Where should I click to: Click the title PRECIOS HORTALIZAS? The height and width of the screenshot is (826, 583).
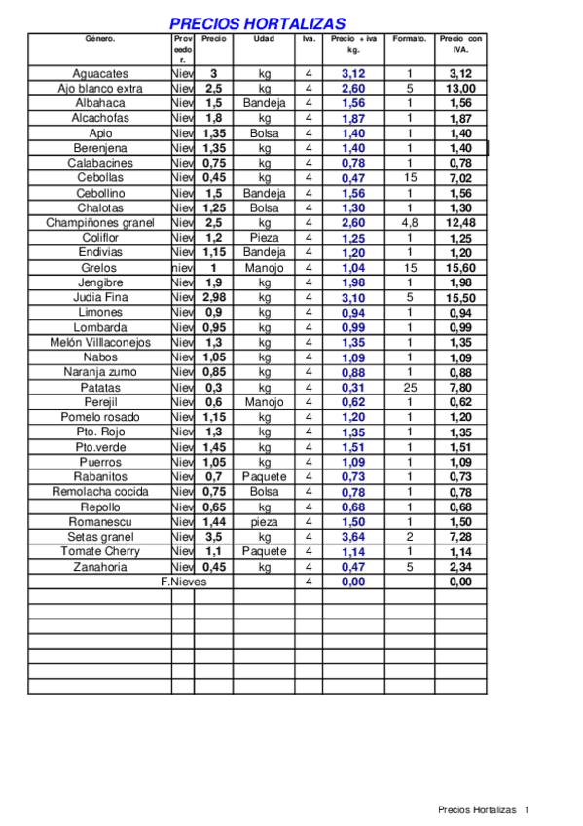pos(257,23)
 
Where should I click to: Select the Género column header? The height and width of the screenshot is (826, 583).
pos(99,39)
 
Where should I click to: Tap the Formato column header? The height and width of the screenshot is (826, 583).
pos(410,39)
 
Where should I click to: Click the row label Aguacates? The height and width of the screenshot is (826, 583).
pos(99,73)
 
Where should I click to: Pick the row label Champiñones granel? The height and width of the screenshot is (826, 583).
pos(99,222)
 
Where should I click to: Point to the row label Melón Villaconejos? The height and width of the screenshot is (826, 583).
pos(99,342)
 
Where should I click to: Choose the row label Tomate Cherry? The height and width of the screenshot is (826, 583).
pos(99,551)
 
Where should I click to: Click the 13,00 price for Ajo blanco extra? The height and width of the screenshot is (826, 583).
pos(460,89)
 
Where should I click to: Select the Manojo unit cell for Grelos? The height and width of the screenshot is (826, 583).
pos(265,267)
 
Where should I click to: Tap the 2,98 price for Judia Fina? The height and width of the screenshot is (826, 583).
pos(214,297)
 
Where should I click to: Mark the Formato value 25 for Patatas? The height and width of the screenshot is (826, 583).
pos(410,387)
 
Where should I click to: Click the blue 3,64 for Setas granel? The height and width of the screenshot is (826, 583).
pos(353,537)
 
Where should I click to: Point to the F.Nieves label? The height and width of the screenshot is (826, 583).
pos(183,582)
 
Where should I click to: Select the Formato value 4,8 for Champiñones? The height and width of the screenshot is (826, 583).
pos(410,222)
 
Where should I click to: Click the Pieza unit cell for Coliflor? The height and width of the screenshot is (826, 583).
pos(265,238)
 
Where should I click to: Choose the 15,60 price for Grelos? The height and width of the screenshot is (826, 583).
pos(460,267)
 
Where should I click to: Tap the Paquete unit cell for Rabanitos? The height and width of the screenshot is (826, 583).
pos(265,476)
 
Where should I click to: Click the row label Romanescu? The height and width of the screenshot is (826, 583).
pos(99,521)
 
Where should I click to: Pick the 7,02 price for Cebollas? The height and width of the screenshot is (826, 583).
pos(460,178)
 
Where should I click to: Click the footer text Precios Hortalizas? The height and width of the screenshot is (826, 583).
pos(477,809)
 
